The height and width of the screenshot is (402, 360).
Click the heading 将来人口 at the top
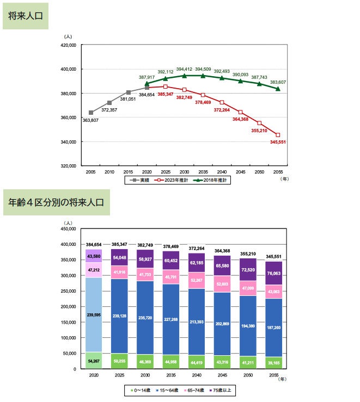pos(26,16)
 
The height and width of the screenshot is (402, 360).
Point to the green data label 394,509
pos(203,69)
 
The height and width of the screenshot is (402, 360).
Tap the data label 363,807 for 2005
pos(91,120)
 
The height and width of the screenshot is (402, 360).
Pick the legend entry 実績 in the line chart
pos(141,180)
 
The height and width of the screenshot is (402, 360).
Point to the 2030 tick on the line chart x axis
pos(184,171)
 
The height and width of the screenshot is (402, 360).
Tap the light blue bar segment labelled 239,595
pos(94,314)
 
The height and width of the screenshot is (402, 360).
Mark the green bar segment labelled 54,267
pos(94,360)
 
